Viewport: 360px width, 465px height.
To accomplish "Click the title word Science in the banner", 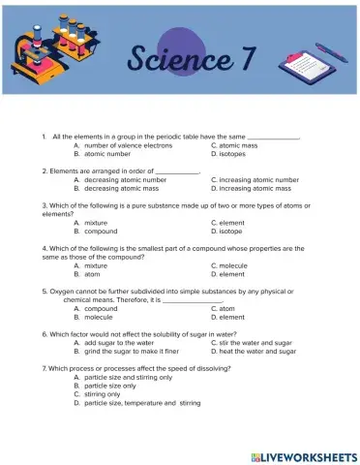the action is point(178,58).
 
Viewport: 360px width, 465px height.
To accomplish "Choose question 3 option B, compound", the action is point(102,232).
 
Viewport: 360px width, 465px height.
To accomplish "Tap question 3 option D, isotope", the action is point(231,232).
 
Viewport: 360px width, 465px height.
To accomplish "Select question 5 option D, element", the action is point(232,317).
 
